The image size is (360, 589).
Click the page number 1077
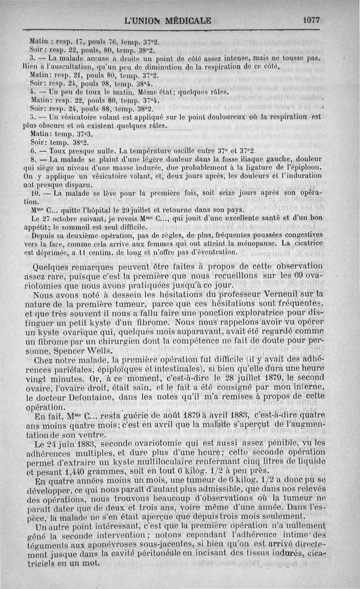pyautogui.click(x=311, y=20)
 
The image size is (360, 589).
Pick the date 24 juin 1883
pyautogui.click(x=64, y=430)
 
